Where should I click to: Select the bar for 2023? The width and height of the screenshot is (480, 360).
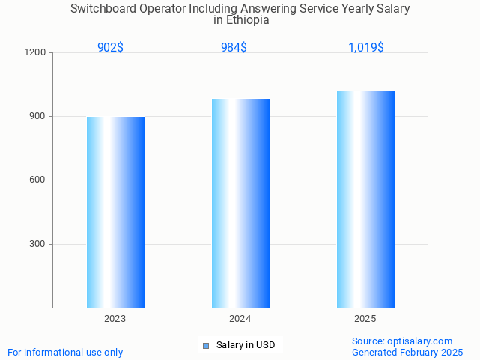(115, 212)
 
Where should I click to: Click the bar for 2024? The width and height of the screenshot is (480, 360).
(240, 203)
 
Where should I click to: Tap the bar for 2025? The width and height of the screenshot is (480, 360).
(365, 199)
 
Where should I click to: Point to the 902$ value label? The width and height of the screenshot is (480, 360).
(110, 47)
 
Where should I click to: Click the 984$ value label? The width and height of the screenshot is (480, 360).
(234, 47)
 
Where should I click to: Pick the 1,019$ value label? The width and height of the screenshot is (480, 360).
(366, 47)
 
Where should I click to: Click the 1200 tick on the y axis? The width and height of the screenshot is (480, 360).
(35, 53)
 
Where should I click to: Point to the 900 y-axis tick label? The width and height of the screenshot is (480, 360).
(37, 117)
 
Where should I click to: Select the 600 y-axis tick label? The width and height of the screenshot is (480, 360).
(37, 180)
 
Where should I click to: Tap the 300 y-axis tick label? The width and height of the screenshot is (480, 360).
(37, 244)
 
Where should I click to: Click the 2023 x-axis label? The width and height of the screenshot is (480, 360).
(115, 319)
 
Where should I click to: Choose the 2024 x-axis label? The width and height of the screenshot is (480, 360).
(240, 319)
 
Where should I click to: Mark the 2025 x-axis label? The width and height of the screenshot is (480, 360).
(365, 319)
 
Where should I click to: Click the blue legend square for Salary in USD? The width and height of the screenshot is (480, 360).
(205, 345)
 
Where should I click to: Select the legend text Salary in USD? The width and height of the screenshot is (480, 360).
(246, 345)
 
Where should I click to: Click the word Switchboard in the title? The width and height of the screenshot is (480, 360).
(103, 9)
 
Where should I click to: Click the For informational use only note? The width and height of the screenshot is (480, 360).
(65, 352)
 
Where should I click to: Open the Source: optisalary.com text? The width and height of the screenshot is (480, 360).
(402, 341)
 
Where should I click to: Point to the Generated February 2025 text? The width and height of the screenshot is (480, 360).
(407, 352)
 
